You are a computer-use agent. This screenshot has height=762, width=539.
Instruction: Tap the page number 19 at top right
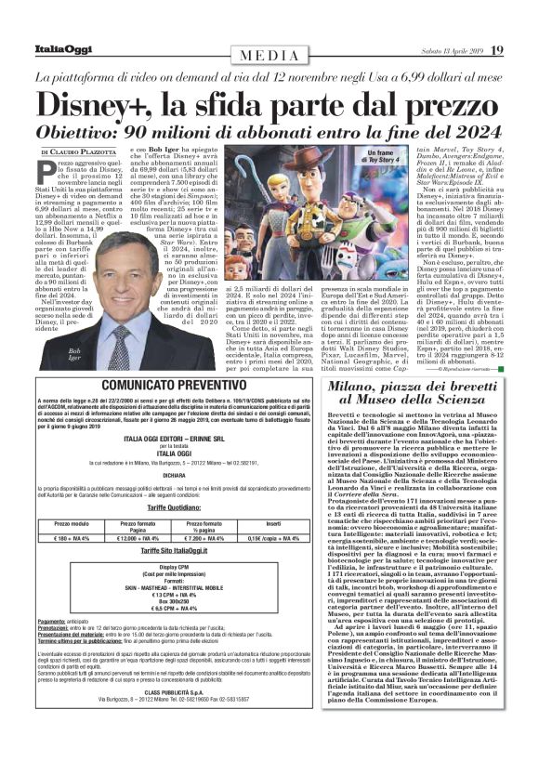[x=498, y=49]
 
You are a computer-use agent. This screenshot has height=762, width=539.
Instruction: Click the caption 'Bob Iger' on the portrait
[x=74, y=354]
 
